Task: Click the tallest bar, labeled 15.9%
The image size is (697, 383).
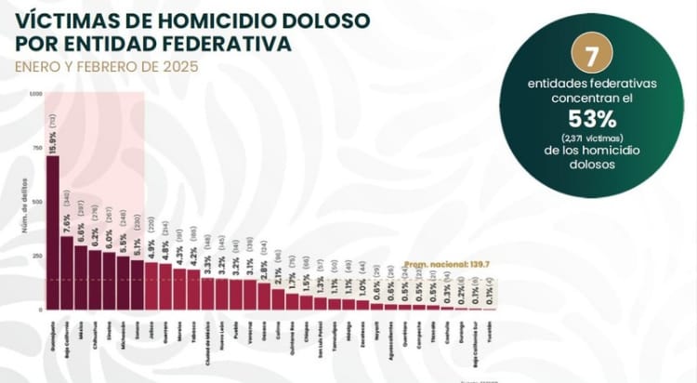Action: point(52,232)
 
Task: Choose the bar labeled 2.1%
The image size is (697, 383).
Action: point(278,298)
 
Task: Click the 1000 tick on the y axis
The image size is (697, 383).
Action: point(35,94)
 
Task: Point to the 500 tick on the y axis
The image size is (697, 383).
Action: point(37,201)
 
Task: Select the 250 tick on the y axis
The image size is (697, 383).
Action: point(37,255)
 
